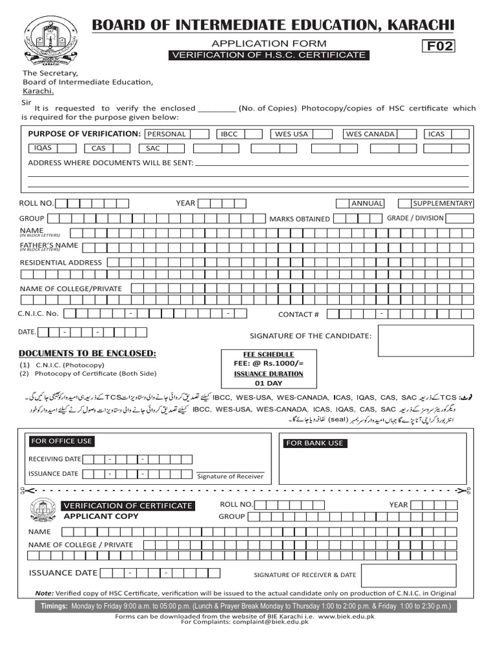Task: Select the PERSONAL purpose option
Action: pos(167,134)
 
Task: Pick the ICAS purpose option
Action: pos(436,134)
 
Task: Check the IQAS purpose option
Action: pos(43,148)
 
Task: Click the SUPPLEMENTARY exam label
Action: pos(442,203)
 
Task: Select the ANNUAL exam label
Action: pos(367,203)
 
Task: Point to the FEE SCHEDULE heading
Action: pos(268,354)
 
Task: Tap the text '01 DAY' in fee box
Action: pos(268,383)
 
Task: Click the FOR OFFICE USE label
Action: pos(61,441)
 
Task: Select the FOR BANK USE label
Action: pos(315,443)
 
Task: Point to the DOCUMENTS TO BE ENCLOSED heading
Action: pos(87,353)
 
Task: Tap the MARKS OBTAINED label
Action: pos(300,219)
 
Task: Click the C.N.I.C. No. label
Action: pos(38,313)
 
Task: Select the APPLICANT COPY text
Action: pos(101,516)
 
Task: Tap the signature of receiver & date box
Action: pos(408,575)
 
